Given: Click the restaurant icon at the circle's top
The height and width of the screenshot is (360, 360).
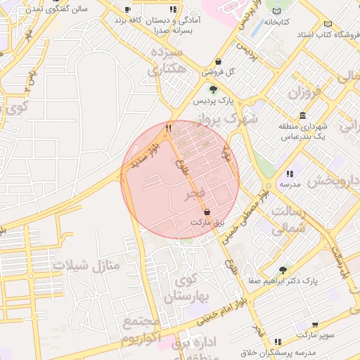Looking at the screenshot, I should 168,129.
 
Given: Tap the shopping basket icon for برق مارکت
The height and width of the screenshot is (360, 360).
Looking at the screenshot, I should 207,212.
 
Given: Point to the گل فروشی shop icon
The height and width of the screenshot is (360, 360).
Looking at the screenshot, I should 218,61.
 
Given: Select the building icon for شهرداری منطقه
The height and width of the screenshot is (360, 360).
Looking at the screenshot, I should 302,115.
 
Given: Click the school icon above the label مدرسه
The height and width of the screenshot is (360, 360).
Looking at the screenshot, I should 289,173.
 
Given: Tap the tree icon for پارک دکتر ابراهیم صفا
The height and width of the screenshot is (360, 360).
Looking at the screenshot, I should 283,269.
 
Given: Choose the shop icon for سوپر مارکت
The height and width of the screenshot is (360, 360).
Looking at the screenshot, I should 315,325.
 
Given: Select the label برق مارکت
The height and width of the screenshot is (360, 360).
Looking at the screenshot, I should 209,222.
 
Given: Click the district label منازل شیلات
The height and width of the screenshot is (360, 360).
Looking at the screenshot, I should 87,266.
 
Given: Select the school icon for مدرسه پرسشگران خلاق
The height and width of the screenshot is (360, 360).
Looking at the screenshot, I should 278,340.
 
